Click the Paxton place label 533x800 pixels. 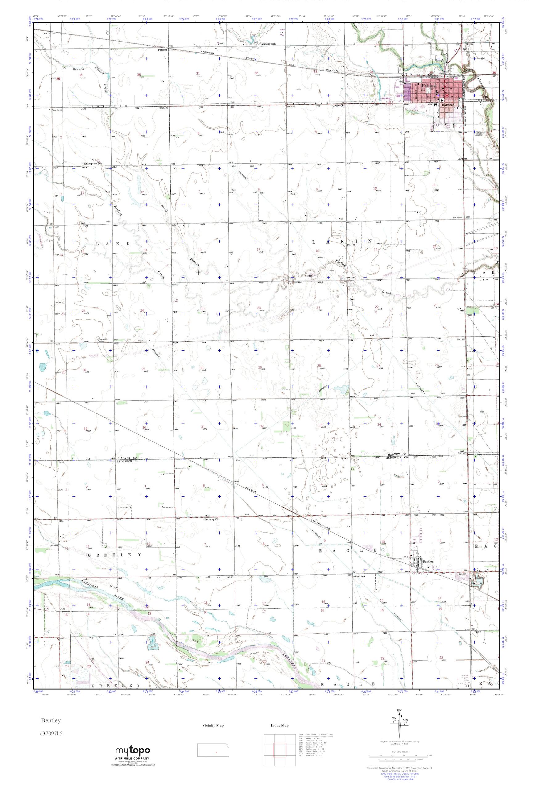point(162,49)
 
